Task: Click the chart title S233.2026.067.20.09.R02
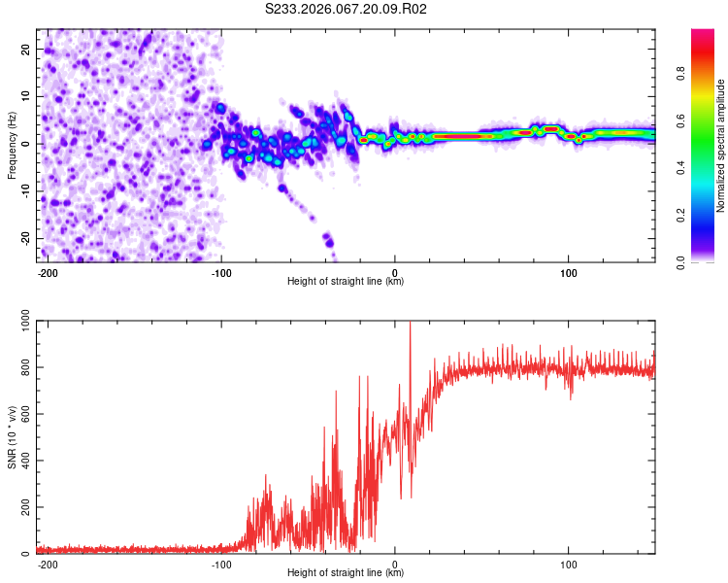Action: (347, 10)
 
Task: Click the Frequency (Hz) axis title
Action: (12, 146)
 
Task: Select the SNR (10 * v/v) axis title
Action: (12, 437)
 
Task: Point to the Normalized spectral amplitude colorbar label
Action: (721, 146)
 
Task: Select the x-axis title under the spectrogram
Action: (346, 282)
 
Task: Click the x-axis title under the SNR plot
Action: (346, 573)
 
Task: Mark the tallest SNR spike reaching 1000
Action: (410, 324)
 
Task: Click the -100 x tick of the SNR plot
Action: (220, 563)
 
